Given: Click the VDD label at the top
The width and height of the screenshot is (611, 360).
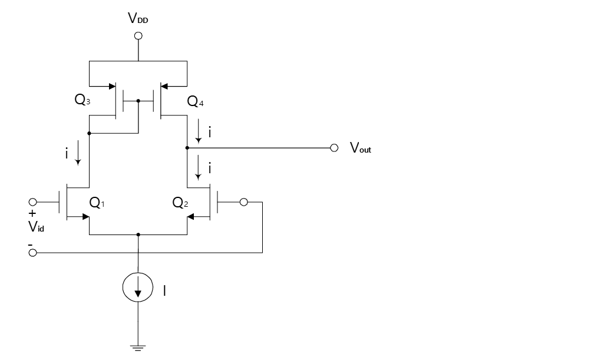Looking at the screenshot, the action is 138,18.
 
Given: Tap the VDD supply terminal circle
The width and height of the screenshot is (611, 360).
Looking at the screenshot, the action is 138,36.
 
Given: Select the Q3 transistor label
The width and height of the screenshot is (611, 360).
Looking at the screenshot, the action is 82,100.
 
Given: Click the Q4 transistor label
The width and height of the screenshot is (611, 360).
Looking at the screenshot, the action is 195,101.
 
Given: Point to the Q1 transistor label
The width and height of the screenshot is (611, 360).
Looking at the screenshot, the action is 97,202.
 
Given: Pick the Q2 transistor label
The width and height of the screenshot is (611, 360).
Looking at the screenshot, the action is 180,202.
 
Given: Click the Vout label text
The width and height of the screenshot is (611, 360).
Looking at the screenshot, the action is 361,148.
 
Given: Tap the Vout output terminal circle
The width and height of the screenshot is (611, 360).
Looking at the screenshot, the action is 334,148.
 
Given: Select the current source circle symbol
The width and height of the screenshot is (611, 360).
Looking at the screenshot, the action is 138,287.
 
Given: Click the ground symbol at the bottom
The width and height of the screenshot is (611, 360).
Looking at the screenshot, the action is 137,348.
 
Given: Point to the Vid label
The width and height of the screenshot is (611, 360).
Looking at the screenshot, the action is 36,226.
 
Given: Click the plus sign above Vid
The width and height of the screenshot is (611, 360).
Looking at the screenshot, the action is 32,213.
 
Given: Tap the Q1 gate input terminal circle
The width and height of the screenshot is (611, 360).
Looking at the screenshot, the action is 33,202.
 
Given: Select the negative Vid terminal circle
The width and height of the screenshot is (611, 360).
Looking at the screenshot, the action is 33,253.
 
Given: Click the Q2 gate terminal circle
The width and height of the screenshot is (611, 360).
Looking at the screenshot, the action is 243,202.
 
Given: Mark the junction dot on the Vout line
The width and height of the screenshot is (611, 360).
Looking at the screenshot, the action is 187,148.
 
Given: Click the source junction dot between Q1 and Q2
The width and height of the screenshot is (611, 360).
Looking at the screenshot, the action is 138,235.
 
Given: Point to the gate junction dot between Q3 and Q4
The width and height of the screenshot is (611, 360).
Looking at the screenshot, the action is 138,101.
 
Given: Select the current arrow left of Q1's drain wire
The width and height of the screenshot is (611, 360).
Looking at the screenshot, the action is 78,153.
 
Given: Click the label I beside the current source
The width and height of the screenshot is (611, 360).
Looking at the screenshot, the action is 164,290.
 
